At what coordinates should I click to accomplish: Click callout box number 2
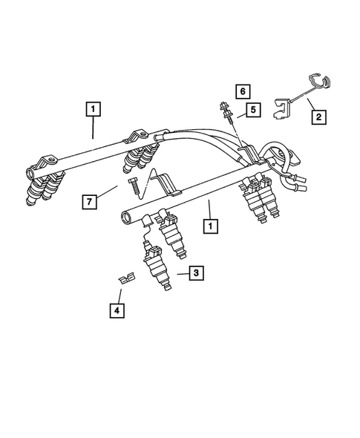[x=318, y=116]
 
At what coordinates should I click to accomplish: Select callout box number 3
[x=196, y=274]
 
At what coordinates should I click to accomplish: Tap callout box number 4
[x=116, y=311]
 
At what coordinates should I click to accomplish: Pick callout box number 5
[x=253, y=110]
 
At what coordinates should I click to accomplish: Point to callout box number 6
[x=241, y=91]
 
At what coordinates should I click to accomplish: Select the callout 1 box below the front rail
[x=212, y=226]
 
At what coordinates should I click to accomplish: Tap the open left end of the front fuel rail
[x=125, y=218]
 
